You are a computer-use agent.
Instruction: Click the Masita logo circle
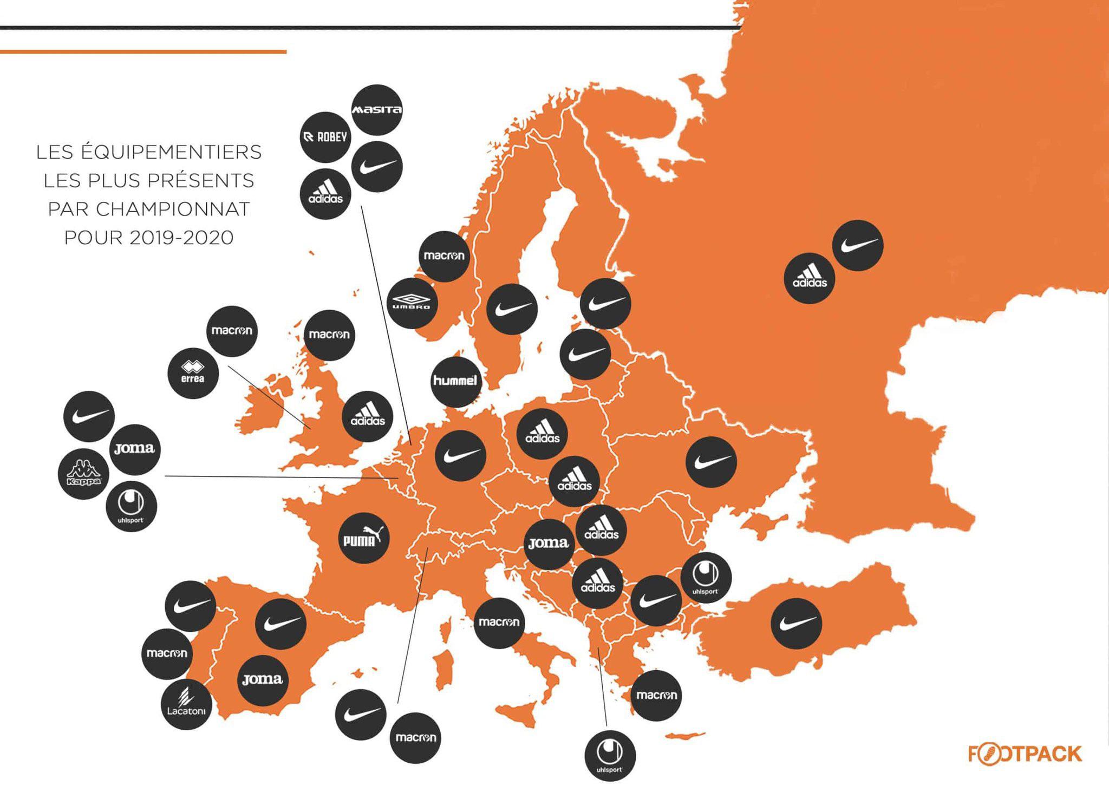tap(377, 110)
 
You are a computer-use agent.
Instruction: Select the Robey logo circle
tap(325, 138)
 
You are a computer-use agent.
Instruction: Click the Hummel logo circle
tap(455, 381)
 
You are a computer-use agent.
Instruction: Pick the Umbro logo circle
tap(412, 303)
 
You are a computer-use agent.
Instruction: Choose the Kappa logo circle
tap(83, 474)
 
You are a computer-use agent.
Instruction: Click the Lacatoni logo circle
tap(186, 704)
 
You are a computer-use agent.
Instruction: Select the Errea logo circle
tap(193, 374)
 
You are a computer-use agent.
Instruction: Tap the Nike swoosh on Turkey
tap(796, 624)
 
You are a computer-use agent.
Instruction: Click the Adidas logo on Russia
tap(810, 278)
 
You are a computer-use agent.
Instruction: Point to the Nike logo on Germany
tap(460, 456)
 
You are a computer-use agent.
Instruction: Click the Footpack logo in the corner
tap(1025, 754)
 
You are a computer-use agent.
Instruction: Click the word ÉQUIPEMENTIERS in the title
tap(171, 153)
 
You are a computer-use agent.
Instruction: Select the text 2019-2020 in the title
tap(181, 238)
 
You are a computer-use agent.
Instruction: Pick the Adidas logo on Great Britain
tap(368, 416)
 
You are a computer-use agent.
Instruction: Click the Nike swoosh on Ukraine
tap(711, 462)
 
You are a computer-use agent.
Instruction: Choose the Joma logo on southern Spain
tap(263, 680)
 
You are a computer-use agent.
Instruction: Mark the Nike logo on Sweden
tap(512, 309)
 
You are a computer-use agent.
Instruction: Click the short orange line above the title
tap(143, 52)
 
